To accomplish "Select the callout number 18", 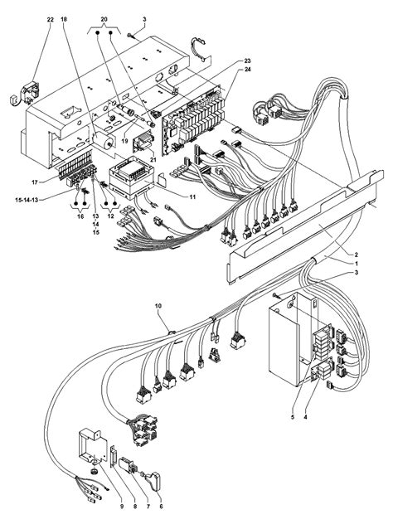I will coord(65,18).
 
